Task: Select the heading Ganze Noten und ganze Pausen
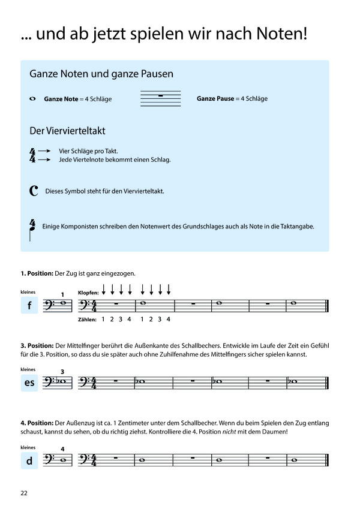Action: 101,74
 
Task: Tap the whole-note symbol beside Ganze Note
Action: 32,98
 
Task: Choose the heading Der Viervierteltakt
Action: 68,130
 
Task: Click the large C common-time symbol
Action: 34,191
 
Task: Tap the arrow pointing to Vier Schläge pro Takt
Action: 44,152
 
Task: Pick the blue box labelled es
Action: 29,382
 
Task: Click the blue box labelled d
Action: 29,460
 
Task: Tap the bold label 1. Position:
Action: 37,273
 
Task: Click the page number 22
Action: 24,493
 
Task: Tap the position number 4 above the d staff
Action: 62,448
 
